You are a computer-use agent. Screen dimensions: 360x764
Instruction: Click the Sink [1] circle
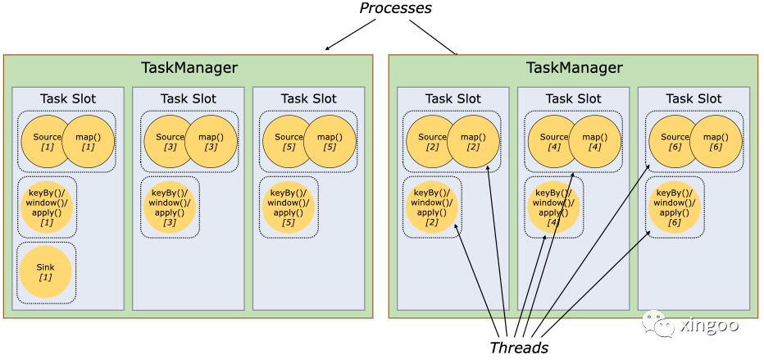tap(46, 272)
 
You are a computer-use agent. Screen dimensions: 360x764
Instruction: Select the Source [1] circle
tap(46, 142)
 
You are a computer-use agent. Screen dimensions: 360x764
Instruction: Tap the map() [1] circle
tap(87, 142)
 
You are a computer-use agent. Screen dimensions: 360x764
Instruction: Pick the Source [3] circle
tap(170, 142)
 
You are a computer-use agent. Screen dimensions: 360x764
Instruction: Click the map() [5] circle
tap(329, 142)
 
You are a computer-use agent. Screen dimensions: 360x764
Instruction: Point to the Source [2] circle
tap(430, 142)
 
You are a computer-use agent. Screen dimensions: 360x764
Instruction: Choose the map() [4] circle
tap(593, 142)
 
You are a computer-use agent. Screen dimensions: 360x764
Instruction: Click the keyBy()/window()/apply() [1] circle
tap(46, 207)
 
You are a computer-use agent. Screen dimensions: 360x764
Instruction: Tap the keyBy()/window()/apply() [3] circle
tap(170, 207)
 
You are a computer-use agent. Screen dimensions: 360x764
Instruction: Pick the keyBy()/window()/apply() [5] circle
tap(289, 207)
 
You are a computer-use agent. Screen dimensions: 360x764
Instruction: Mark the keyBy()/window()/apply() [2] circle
tap(431, 207)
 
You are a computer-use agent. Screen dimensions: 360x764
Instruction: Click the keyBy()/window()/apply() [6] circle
tap(675, 207)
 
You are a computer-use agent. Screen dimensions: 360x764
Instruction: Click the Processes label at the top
tap(395, 8)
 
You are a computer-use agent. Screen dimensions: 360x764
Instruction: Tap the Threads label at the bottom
tap(519, 347)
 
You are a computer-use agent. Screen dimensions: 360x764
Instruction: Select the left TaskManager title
tap(189, 68)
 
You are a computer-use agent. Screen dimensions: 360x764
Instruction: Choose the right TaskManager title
tap(574, 68)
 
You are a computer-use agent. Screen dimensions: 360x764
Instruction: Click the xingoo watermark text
tap(710, 325)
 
